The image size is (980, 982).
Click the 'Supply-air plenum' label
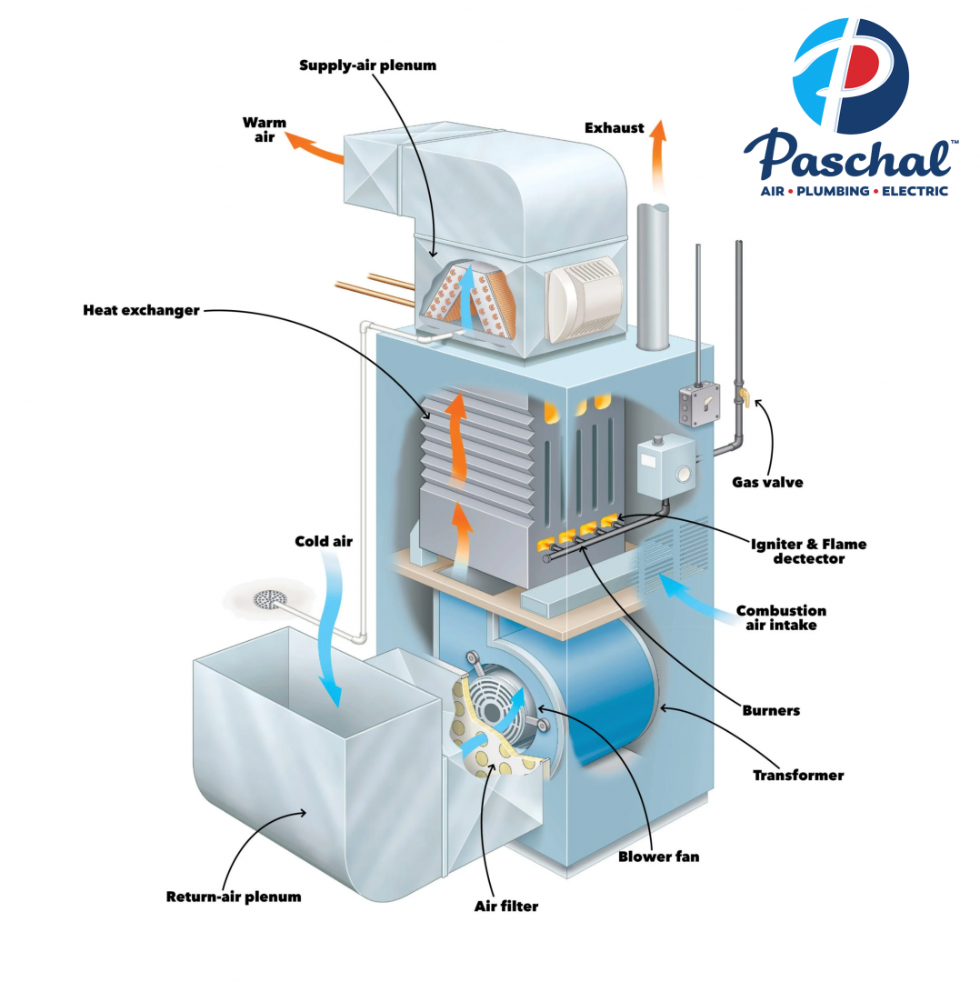(x=367, y=65)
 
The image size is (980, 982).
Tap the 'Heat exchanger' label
(x=141, y=310)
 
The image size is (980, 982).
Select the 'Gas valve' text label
(x=767, y=482)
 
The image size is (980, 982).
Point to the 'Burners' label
(x=771, y=709)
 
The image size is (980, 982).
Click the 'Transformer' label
(x=798, y=776)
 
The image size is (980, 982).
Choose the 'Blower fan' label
(x=658, y=857)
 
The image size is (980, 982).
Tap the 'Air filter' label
(x=506, y=906)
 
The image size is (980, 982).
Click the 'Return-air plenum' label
(x=233, y=897)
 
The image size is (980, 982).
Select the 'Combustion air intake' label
(x=781, y=618)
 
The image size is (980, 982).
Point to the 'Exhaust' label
(x=614, y=128)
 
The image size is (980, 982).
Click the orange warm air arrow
(x=314, y=147)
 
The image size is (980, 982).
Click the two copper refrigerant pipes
(x=377, y=288)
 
